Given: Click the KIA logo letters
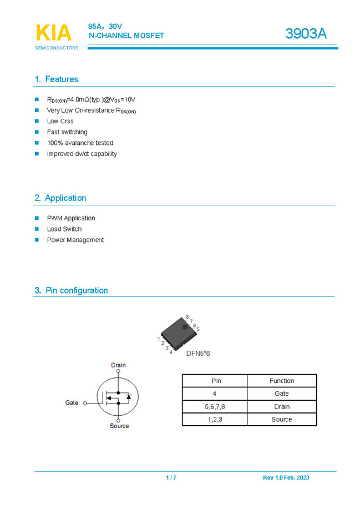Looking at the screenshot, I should tap(53, 33).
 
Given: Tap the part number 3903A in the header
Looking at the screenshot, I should tap(306, 34).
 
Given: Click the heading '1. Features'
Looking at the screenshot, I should tap(56, 79).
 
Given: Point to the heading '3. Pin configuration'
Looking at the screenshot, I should tap(71, 290).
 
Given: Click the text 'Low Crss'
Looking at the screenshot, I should tap(60, 121).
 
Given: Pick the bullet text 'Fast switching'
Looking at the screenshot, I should tap(67, 132).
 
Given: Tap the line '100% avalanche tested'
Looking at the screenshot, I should tap(80, 143).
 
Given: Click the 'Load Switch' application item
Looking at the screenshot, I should tap(64, 229).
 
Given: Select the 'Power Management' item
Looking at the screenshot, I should tap(75, 240).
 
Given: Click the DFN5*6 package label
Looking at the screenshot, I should tap(198, 353).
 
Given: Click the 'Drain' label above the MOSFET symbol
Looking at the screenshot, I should tap(118, 365).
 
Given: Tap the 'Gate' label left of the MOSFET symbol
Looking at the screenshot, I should tap(72, 403).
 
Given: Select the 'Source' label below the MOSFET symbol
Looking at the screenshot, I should tap(119, 426).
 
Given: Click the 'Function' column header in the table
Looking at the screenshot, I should tap(282, 381).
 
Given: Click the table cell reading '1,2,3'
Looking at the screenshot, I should tap(215, 420).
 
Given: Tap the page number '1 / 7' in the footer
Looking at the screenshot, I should tap(171, 478).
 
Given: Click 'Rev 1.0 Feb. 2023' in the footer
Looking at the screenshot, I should tap(286, 478).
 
